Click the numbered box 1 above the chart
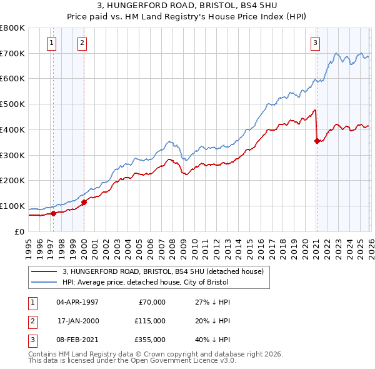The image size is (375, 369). [51, 43]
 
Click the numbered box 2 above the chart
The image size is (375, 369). [82, 43]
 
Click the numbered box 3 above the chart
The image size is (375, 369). [315, 43]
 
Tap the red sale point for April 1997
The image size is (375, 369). [53, 213]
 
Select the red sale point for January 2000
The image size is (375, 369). [84, 201]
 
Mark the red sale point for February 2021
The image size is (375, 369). [317, 141]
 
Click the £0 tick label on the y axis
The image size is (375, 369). [19, 232]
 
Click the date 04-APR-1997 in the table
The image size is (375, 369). [77, 302]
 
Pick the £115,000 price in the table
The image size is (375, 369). [149, 321]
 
